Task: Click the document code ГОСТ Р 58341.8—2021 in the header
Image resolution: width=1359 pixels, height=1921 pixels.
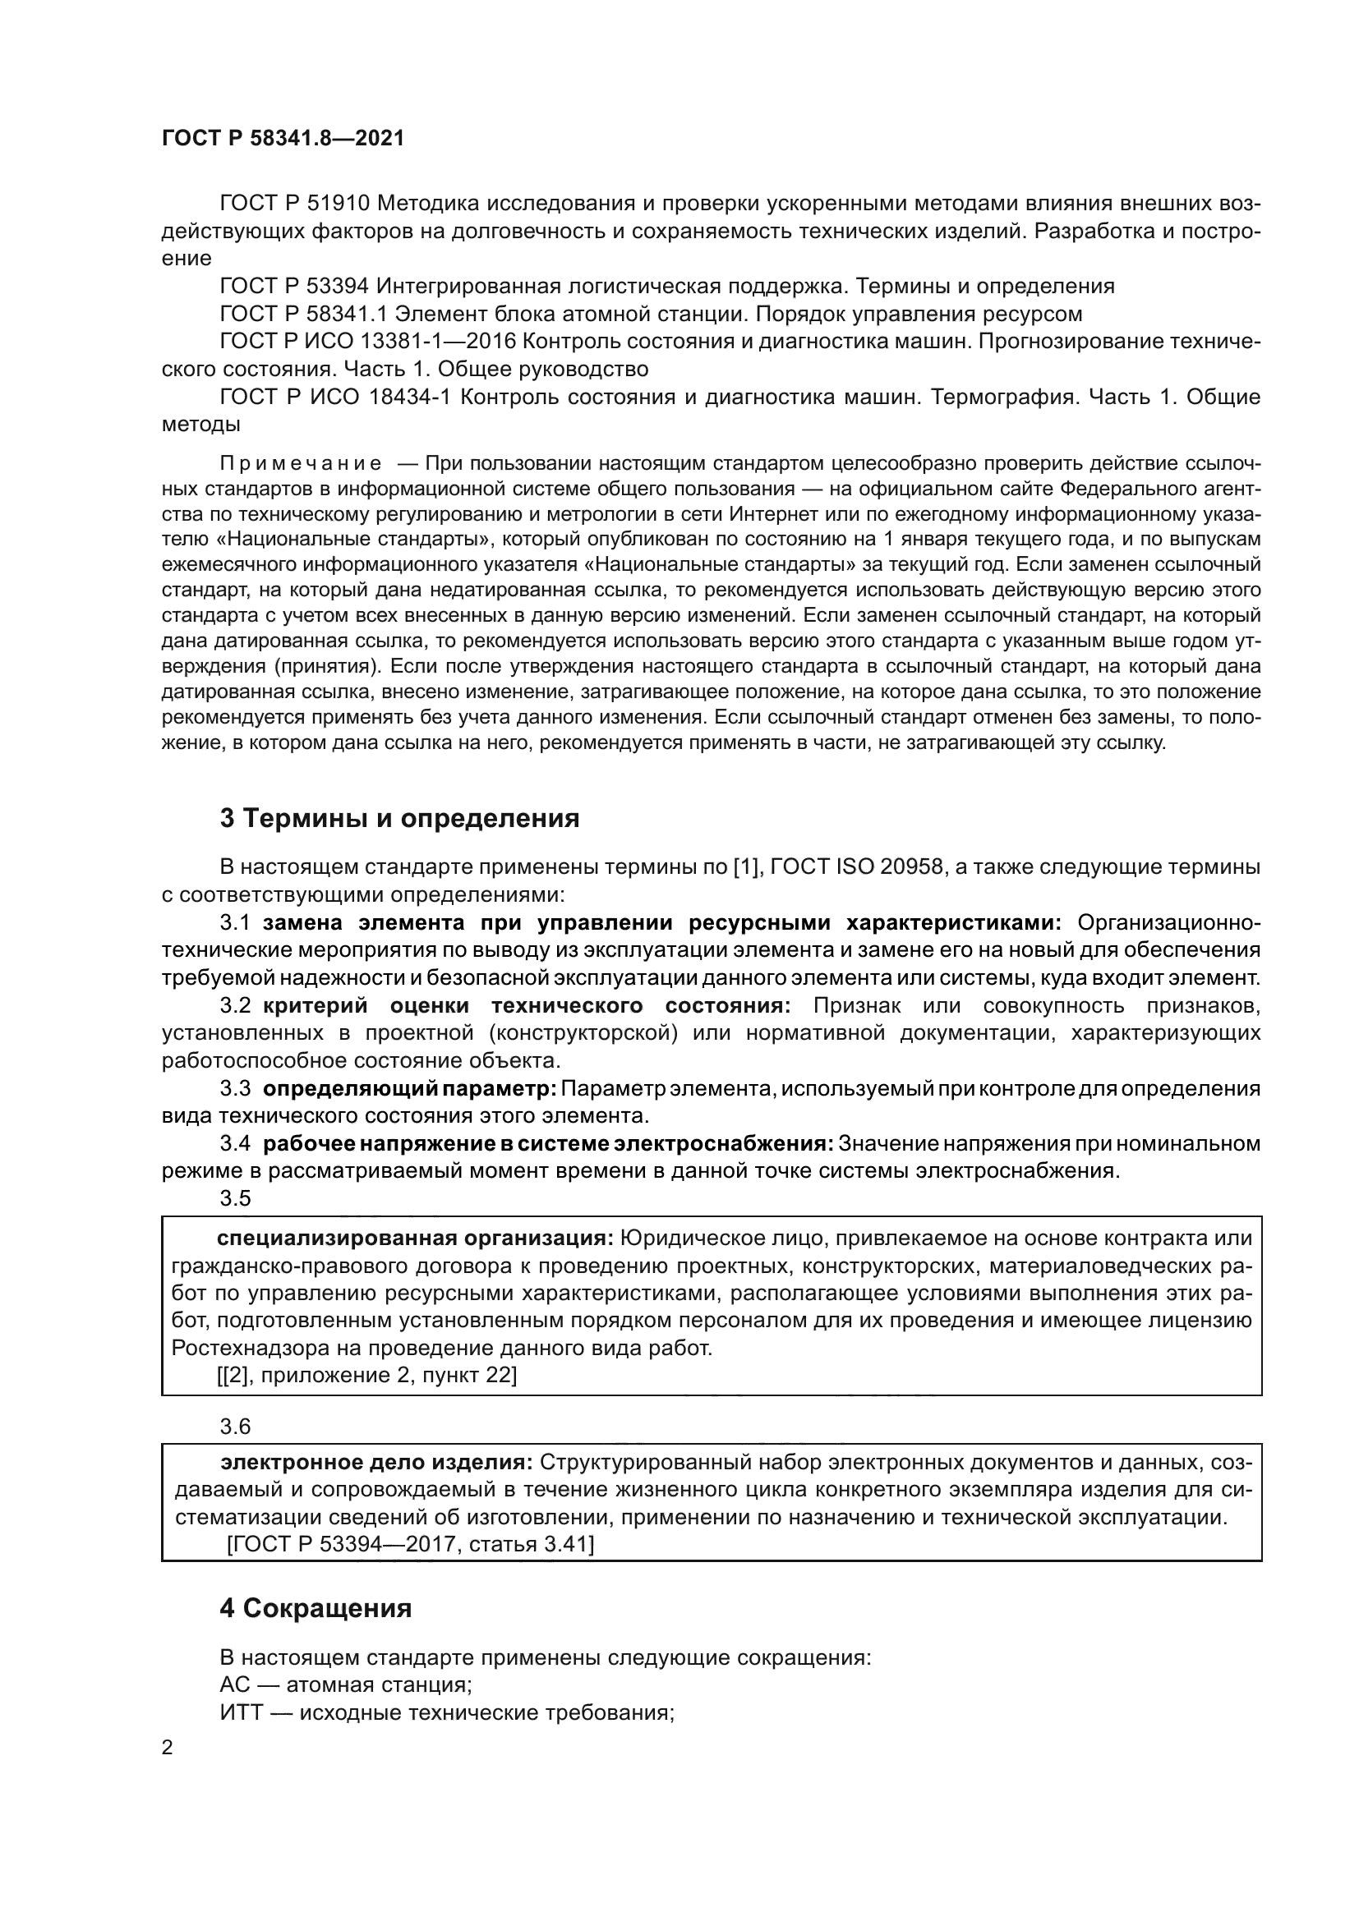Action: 283,139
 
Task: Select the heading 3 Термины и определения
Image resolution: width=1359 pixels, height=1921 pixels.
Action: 400,818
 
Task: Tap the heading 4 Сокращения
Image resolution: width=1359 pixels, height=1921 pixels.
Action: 316,1609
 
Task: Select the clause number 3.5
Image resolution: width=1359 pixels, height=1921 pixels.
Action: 235,1198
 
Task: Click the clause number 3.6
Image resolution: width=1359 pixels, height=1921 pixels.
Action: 235,1426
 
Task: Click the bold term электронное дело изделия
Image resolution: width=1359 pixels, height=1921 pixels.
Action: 376,1463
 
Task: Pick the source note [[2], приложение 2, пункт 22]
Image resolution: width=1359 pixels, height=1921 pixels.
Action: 366,1376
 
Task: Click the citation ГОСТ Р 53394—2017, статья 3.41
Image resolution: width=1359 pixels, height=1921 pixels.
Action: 410,1545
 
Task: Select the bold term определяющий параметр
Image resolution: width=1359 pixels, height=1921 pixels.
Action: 410,1088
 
